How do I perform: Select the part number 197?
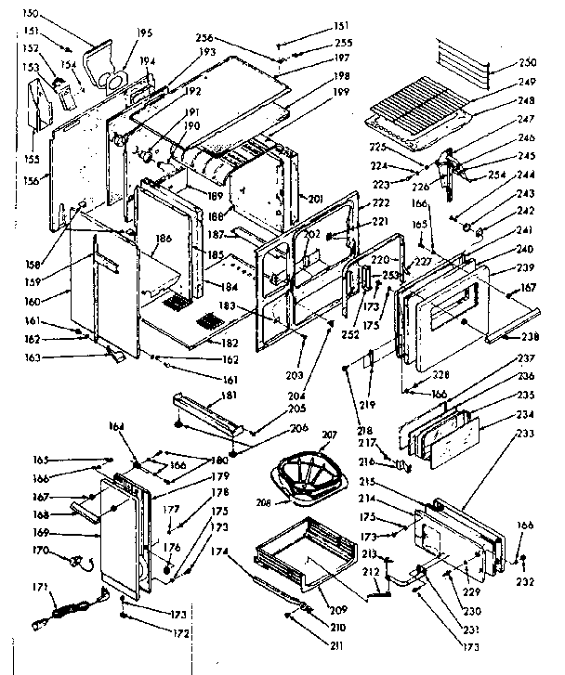(316, 58)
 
